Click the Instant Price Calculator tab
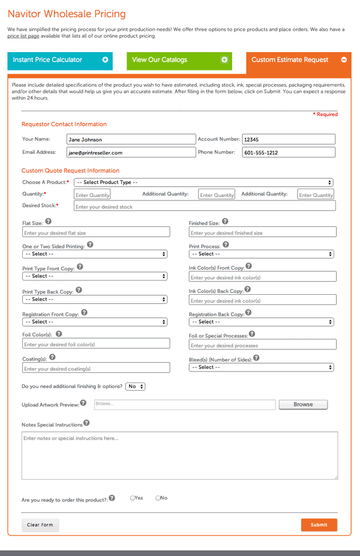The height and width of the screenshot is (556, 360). click(x=60, y=60)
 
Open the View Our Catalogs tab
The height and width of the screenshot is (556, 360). click(x=179, y=60)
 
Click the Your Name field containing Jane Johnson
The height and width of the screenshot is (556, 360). click(x=130, y=139)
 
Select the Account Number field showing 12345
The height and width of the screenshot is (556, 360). click(x=288, y=139)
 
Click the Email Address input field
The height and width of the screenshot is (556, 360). click(x=130, y=153)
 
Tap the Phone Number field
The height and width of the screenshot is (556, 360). click(x=288, y=153)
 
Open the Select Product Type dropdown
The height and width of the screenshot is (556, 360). click(x=203, y=182)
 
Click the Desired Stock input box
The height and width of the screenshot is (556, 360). click(x=204, y=207)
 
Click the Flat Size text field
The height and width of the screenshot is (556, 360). click(x=95, y=233)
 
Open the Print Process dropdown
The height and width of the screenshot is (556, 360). click(x=262, y=254)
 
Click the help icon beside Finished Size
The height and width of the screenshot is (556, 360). click(x=224, y=222)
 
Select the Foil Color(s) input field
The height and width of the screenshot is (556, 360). click(x=95, y=345)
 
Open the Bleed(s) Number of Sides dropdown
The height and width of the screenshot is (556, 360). click(x=262, y=367)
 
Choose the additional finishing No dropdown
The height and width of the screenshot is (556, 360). click(x=136, y=387)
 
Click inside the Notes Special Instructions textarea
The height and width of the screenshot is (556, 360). click(x=179, y=455)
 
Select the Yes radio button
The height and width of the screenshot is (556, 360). click(x=133, y=498)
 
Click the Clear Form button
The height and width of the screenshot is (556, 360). click(x=40, y=525)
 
